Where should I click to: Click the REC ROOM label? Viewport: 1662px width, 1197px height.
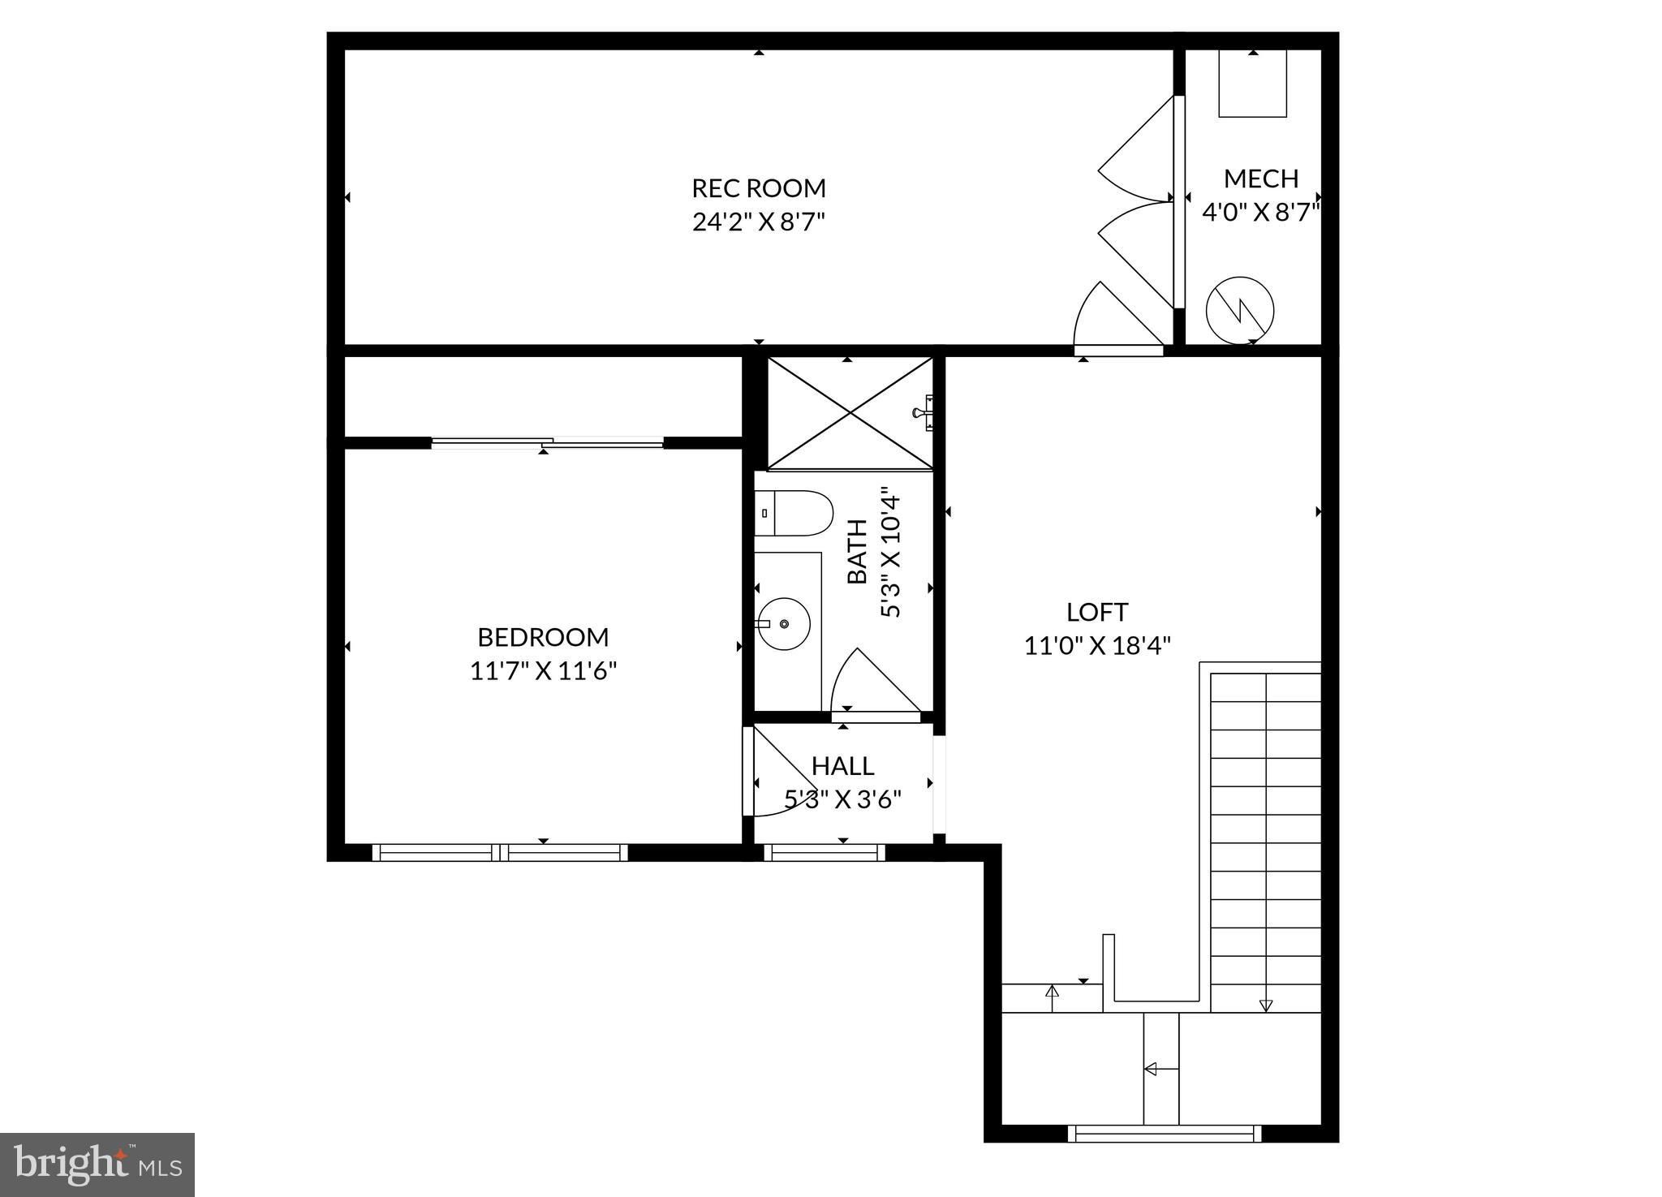point(759,188)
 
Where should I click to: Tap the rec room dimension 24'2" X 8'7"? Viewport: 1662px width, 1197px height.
point(759,222)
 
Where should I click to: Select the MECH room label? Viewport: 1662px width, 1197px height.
point(1261,179)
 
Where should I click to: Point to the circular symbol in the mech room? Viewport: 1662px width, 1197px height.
point(1240,310)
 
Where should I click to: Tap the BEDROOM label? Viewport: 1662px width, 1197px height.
point(543,637)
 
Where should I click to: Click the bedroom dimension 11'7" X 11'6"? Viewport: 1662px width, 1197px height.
point(544,671)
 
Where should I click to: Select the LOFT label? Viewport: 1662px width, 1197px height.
point(1097,612)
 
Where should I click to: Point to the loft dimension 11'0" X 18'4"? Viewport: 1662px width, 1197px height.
point(1097,646)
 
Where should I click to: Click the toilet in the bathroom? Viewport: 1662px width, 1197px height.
point(794,514)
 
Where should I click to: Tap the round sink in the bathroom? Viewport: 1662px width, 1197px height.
point(785,623)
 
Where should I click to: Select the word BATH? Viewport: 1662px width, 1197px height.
point(858,552)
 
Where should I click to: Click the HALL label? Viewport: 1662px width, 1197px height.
point(843,766)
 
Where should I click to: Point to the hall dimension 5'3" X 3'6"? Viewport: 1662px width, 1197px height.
point(843,800)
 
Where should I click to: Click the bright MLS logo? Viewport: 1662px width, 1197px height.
point(97,1165)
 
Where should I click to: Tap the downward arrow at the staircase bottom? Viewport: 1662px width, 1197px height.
point(1265,1005)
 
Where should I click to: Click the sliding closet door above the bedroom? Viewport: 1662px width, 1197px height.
point(548,442)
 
